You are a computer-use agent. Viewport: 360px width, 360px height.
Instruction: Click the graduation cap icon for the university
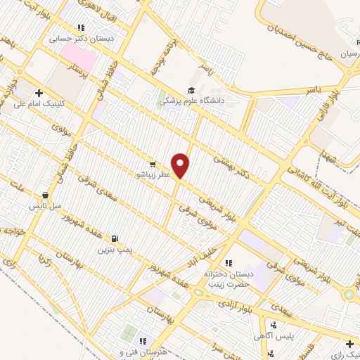[x=191, y=90]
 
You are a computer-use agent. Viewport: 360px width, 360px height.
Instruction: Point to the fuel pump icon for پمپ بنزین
[x=115, y=238]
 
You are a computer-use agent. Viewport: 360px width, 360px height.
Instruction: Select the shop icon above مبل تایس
[x=46, y=195]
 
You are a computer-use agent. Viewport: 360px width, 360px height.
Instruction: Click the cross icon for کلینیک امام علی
[x=39, y=92]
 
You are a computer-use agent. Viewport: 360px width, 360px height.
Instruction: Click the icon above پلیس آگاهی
[x=274, y=325]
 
